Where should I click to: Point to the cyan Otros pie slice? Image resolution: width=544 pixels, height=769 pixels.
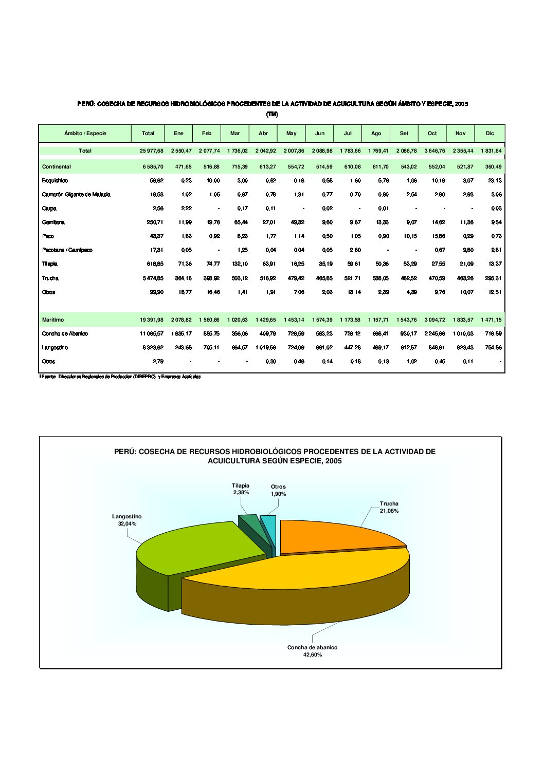click(x=270, y=532)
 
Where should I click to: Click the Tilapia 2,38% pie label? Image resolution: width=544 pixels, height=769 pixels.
click(x=241, y=489)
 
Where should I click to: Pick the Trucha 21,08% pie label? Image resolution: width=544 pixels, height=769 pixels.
click(x=389, y=507)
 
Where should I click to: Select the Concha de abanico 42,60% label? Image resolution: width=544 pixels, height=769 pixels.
click(x=312, y=651)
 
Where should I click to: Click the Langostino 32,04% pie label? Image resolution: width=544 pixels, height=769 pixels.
click(x=127, y=520)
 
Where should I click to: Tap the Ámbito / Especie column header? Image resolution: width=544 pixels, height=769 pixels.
click(x=85, y=134)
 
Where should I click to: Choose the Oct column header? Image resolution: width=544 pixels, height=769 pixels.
click(x=432, y=134)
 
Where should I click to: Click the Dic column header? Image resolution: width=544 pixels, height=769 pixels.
click(x=489, y=134)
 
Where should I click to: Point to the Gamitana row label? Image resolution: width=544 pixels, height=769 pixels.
click(x=53, y=222)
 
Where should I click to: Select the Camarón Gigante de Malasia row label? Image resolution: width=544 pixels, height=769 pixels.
click(x=76, y=195)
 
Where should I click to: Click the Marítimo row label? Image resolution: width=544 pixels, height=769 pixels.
click(x=53, y=320)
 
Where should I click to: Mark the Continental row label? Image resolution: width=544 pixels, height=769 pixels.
click(x=57, y=167)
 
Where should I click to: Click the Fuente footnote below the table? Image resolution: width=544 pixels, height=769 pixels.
click(x=120, y=377)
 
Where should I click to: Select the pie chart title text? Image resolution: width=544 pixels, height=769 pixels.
click(x=275, y=456)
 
